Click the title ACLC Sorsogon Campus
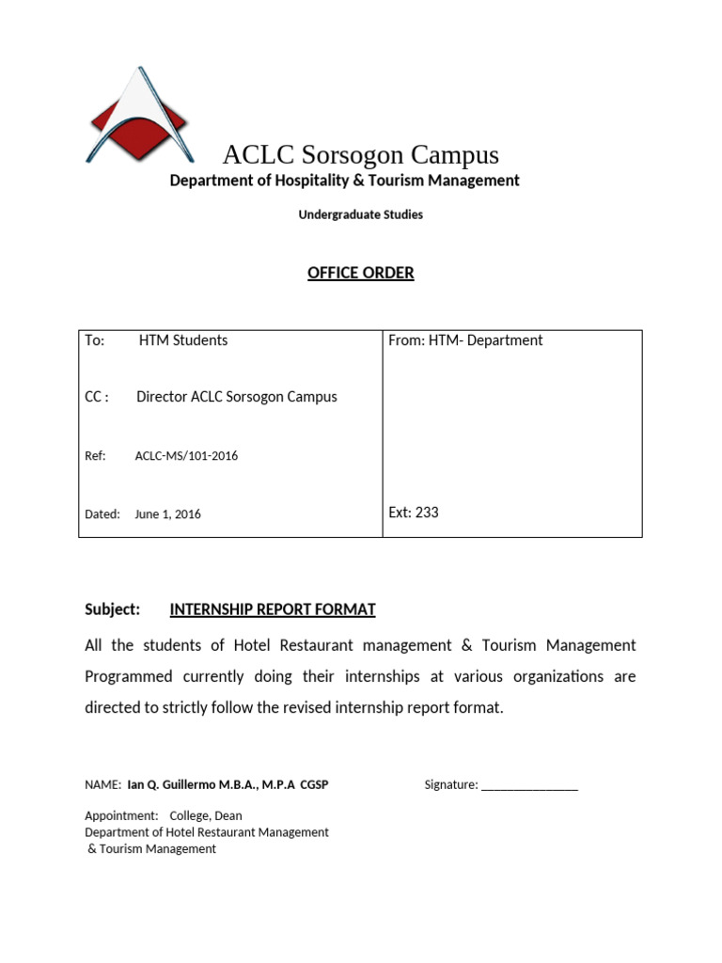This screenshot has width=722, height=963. pyautogui.click(x=360, y=154)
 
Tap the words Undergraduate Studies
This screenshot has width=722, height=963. pyautogui.click(x=360, y=214)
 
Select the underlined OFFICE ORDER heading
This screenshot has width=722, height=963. pyautogui.click(x=360, y=273)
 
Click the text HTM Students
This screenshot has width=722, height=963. pyautogui.click(x=183, y=340)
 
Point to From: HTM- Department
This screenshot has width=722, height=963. pyautogui.click(x=465, y=340)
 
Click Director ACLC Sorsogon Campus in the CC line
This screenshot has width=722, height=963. pyautogui.click(x=237, y=397)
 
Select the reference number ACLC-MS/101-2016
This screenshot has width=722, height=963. pyautogui.click(x=186, y=456)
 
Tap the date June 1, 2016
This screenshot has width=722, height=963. pyautogui.click(x=167, y=514)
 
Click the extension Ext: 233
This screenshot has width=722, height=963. pyautogui.click(x=414, y=513)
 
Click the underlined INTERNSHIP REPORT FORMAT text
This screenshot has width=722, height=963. pyautogui.click(x=273, y=609)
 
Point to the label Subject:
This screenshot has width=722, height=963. pyautogui.click(x=113, y=609)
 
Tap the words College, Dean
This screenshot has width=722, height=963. pyautogui.click(x=206, y=815)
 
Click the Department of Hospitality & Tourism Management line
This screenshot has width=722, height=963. pyautogui.click(x=344, y=180)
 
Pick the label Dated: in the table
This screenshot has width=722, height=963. pyautogui.click(x=102, y=514)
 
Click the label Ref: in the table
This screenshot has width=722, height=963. pyautogui.click(x=95, y=456)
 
